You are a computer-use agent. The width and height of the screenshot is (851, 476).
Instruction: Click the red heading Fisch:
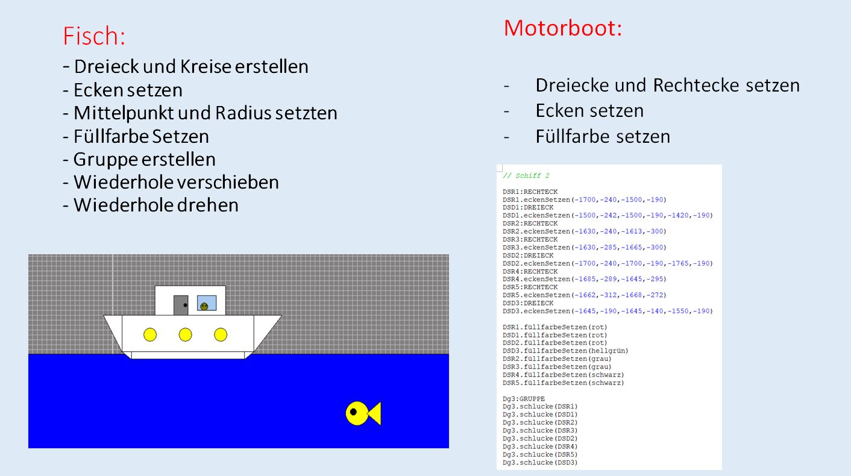point(94,36)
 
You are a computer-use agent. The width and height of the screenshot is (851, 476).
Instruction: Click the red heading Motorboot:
point(562,28)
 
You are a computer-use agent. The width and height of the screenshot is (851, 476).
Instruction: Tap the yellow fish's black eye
point(354,412)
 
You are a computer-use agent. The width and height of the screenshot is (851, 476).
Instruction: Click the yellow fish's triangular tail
point(375,414)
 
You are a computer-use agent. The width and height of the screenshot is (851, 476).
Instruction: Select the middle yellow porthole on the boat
point(186,334)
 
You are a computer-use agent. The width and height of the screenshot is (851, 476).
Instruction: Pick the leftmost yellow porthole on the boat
point(150,334)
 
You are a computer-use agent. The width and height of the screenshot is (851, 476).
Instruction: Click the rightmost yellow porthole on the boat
point(221,334)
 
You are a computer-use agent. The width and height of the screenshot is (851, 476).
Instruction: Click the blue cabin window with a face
point(206,303)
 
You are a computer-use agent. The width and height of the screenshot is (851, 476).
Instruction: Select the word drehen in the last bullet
point(207,205)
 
